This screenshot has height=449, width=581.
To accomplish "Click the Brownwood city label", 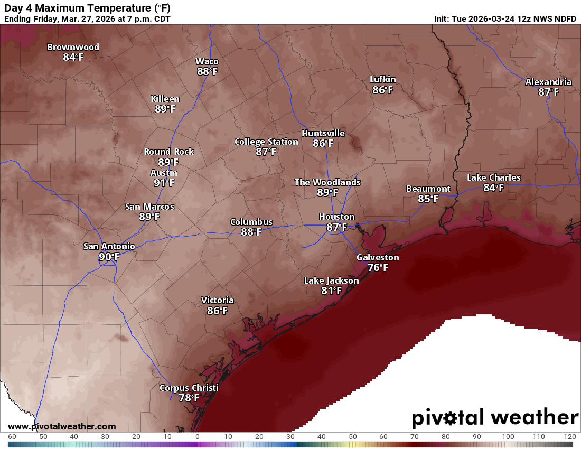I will [73, 47].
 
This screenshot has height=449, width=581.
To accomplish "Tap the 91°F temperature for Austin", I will [164, 183].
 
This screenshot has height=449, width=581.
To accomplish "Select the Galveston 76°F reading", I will [378, 267].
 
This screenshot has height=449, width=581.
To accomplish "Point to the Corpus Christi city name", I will [189, 388].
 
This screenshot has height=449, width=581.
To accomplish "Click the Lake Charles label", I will [493, 177].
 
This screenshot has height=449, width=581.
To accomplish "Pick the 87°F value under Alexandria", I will [548, 92].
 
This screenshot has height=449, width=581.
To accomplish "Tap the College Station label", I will [266, 142].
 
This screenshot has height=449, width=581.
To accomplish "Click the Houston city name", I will [336, 217].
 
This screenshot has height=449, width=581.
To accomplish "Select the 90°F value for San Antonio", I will [109, 256].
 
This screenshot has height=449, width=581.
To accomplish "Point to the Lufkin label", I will [382, 79].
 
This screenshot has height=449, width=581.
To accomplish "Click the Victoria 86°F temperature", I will [217, 311].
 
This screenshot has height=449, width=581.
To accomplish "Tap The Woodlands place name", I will [327, 182].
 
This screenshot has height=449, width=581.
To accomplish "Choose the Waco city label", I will [207, 61].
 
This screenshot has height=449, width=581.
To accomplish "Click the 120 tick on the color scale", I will [569, 437].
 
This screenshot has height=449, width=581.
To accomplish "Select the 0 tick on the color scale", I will [197, 437].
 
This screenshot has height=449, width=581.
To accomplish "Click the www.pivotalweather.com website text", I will [62, 426].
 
